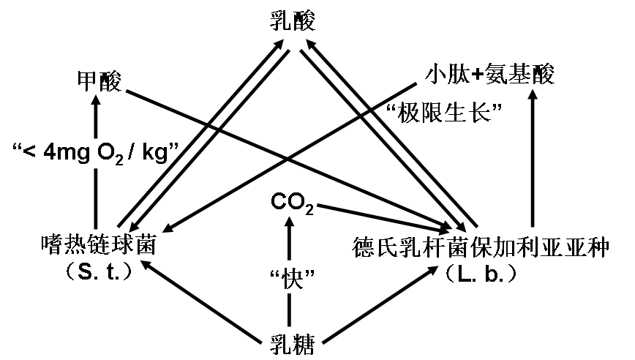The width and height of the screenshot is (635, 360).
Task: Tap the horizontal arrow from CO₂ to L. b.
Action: [x=380, y=213]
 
